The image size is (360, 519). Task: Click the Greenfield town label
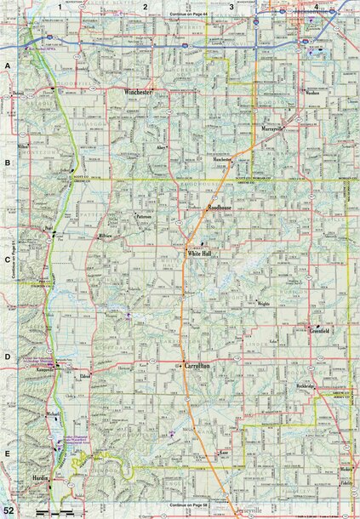pos(325,330)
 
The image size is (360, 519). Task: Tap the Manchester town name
pos(223,159)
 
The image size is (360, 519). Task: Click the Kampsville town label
pos(46,371)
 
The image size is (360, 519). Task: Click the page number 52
pos(9,509)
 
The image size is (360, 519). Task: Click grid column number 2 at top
pos(146,7)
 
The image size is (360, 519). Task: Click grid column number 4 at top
pos(316,7)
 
